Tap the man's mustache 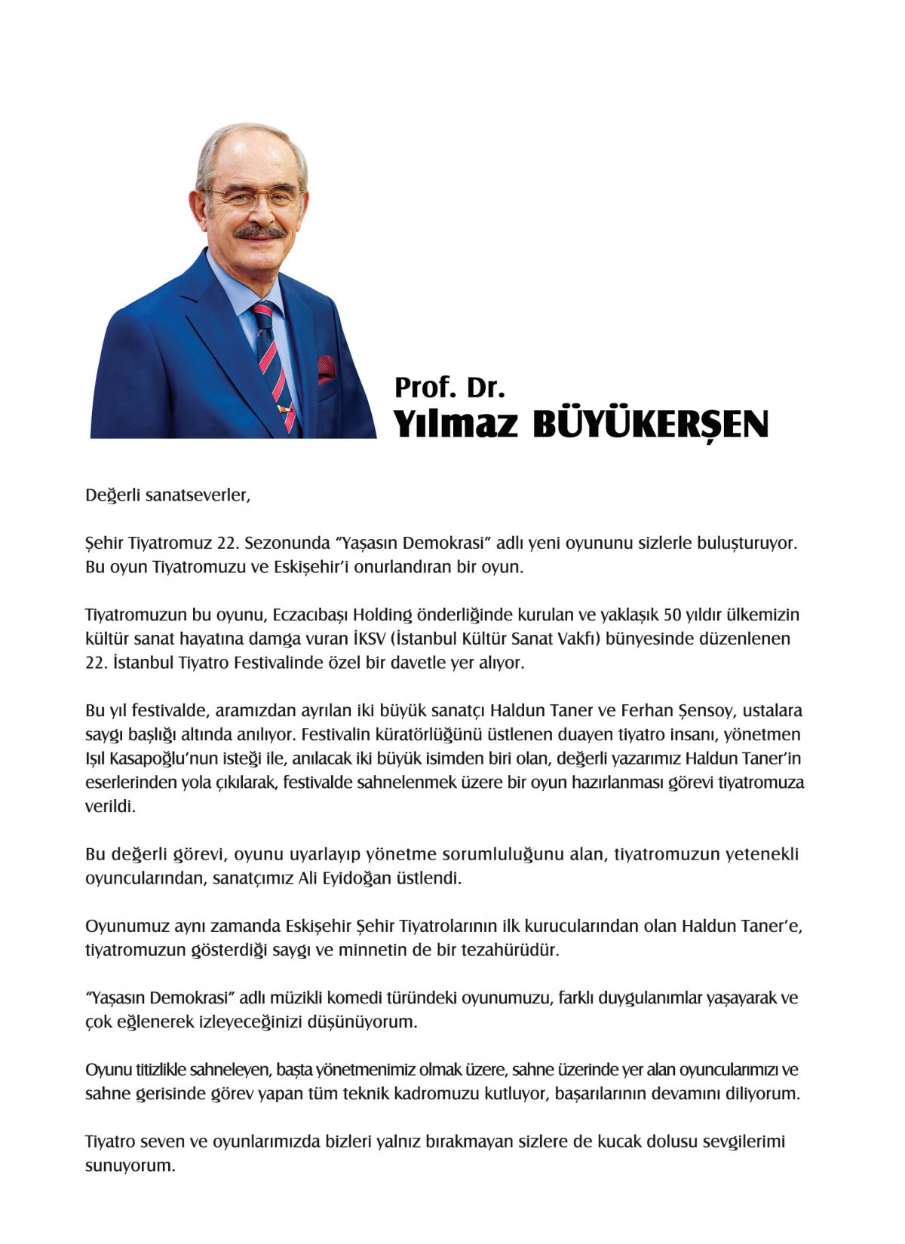259,231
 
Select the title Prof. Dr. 449,388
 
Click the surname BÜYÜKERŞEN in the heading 651,424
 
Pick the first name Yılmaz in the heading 456,424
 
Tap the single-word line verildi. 110,807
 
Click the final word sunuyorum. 130,1166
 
